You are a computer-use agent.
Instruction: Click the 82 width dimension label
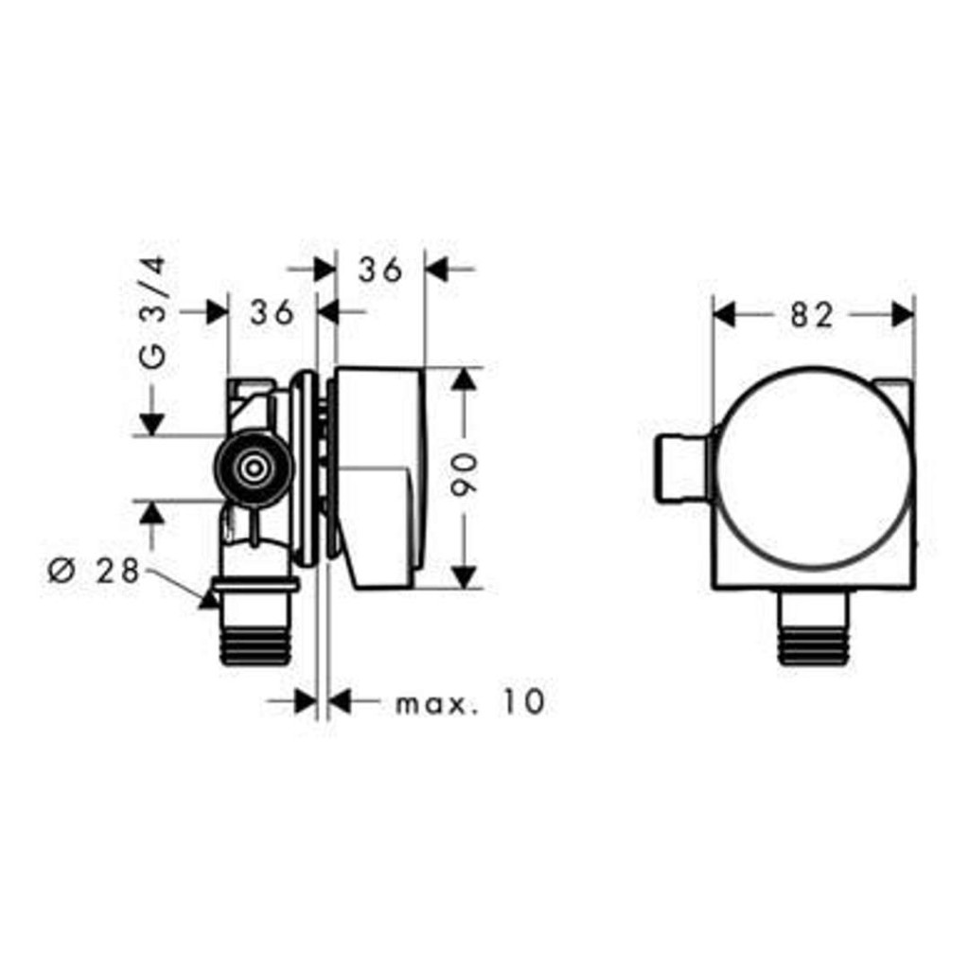coord(812,316)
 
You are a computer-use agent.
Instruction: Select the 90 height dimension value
coord(465,475)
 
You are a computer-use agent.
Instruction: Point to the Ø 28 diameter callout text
coord(95,571)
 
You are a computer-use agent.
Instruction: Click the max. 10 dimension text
coord(470,701)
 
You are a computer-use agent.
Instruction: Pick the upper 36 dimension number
coord(380,270)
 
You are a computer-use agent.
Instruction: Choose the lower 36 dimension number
coord(272,312)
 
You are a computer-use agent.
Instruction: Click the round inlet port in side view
coord(254,467)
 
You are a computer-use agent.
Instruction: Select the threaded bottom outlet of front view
coord(813,627)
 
